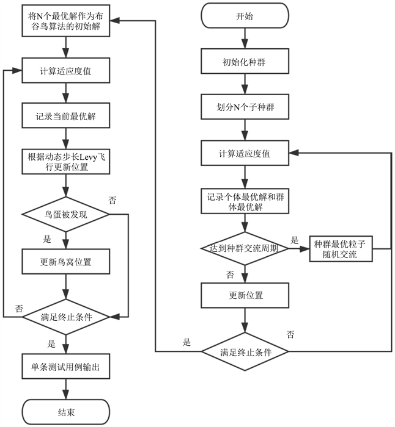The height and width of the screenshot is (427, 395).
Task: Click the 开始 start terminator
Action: click(245, 16)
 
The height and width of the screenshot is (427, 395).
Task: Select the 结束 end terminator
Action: click(65, 412)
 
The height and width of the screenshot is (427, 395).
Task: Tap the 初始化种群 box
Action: click(245, 62)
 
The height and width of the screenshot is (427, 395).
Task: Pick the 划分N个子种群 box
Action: click(245, 107)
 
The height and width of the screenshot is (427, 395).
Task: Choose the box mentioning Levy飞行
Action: click(65, 162)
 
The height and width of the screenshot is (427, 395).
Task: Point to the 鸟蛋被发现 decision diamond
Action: click(65, 214)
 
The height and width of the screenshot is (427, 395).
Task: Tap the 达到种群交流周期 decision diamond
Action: click(245, 248)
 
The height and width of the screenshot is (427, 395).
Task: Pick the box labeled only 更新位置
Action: click(245, 295)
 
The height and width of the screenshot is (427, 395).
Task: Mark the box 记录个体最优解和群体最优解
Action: click(245, 201)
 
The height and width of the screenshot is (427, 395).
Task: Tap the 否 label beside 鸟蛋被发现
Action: click(112, 200)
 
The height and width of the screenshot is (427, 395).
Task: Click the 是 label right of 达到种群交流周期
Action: click(294, 240)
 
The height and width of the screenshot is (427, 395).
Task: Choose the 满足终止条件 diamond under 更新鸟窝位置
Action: click(65, 317)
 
